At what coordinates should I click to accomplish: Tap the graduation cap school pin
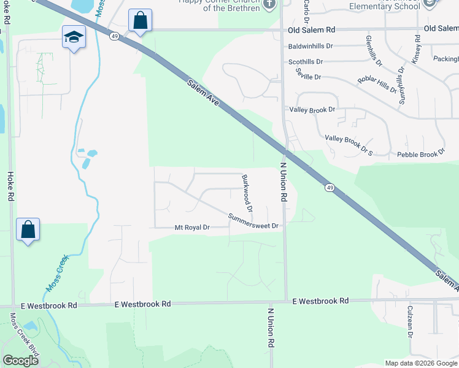(74, 37)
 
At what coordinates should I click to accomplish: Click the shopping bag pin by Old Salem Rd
(140, 21)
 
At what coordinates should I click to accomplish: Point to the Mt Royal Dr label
(192, 228)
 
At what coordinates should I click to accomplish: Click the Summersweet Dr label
(253, 221)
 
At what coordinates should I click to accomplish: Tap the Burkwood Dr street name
(247, 193)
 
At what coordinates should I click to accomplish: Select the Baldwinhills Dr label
(310, 46)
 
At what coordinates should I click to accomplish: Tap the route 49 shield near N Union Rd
(330, 187)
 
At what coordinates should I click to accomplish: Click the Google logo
(20, 360)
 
